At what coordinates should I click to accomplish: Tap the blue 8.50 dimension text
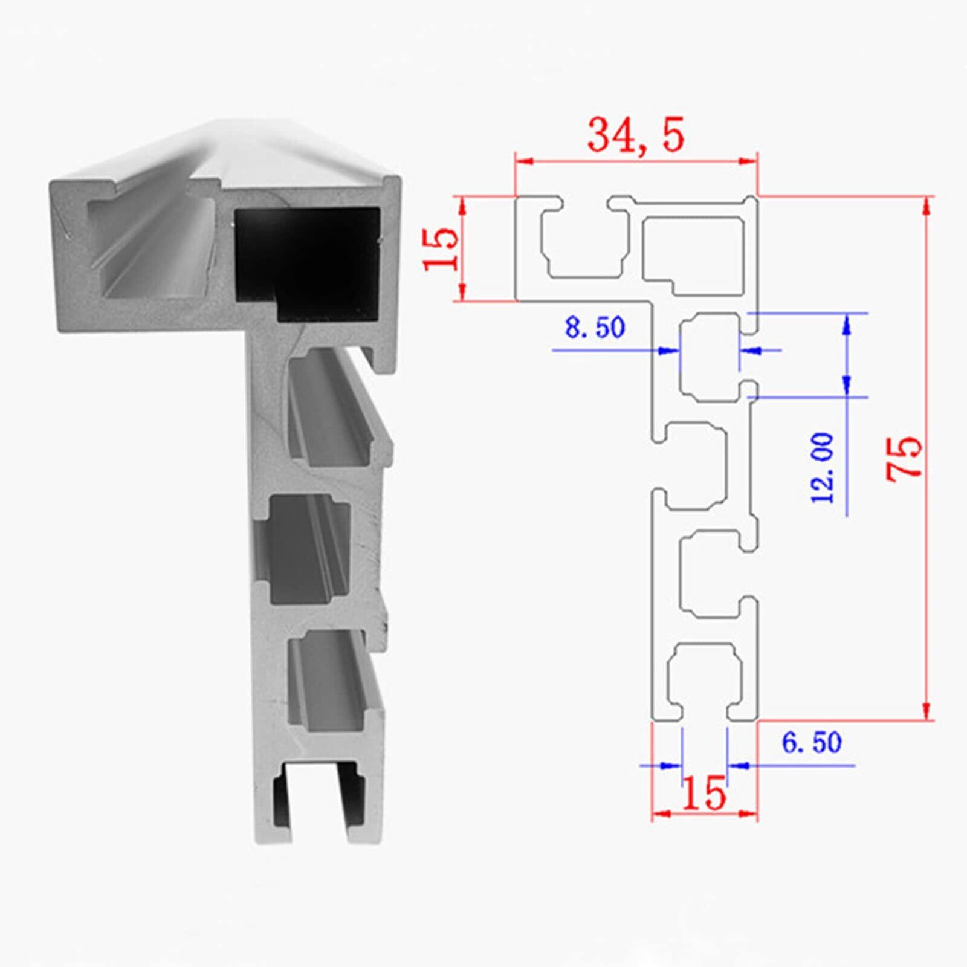click(595, 328)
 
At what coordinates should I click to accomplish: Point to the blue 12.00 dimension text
click(823, 467)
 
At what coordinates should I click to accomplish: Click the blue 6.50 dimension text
click(812, 743)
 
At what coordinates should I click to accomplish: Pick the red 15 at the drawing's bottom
click(704, 794)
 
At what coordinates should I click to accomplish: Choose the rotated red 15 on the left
click(441, 248)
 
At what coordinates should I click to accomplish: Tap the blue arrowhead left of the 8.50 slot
click(668, 350)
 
